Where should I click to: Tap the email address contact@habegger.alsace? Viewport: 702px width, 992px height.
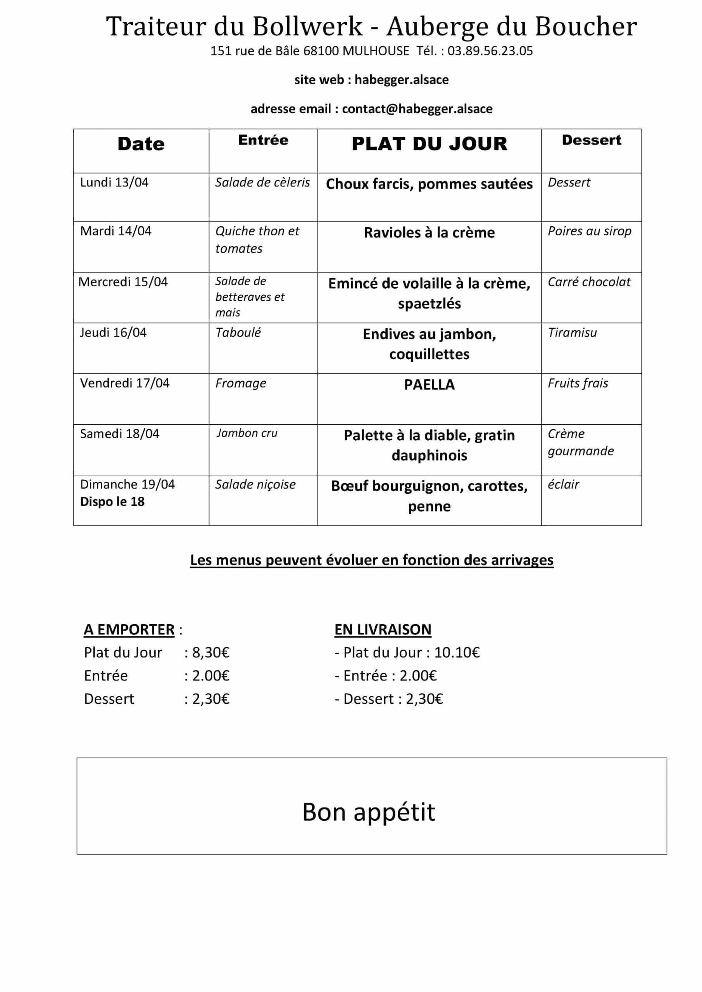tap(417, 108)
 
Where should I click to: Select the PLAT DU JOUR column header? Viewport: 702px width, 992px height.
tap(429, 144)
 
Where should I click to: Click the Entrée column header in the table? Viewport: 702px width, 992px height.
tap(263, 140)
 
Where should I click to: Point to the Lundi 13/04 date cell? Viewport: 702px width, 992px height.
tap(114, 183)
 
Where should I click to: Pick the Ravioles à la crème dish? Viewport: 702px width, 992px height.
tap(429, 232)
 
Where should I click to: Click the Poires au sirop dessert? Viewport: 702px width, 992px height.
tap(589, 231)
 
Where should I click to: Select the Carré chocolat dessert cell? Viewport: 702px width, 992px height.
tap(589, 282)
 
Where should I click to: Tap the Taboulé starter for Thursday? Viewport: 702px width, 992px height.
tap(238, 333)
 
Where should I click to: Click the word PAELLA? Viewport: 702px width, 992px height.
tap(429, 384)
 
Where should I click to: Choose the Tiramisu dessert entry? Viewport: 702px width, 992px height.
tap(572, 333)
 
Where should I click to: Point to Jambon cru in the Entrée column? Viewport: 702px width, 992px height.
tap(247, 433)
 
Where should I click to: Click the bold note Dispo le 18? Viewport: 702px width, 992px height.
tap(112, 501)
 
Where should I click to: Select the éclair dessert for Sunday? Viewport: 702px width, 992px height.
tap(563, 484)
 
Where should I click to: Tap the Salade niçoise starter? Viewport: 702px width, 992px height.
tap(255, 484)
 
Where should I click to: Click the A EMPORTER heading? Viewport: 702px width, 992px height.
tap(129, 630)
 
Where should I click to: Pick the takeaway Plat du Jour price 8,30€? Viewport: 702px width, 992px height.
tap(210, 653)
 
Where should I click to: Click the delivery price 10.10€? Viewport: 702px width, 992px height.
tap(457, 653)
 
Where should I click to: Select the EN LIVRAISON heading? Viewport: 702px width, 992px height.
tap(383, 630)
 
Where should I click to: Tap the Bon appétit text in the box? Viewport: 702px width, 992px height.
tap(368, 812)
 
